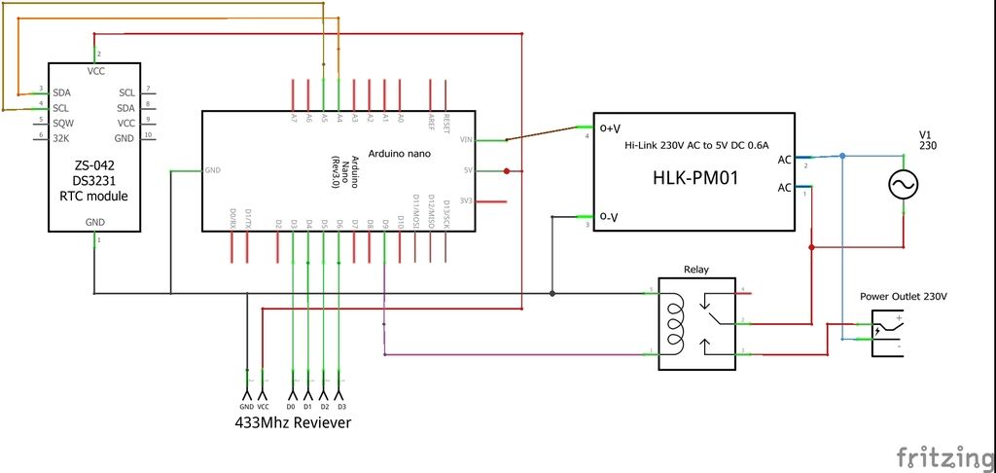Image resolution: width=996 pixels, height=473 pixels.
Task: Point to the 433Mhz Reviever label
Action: [293, 423]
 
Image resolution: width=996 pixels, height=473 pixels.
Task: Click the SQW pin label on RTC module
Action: [63, 124]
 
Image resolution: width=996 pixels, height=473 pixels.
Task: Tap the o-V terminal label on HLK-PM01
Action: [610, 215]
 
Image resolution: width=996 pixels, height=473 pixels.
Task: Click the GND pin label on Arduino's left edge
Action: [213, 170]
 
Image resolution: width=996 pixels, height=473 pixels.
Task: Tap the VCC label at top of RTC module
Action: [95, 71]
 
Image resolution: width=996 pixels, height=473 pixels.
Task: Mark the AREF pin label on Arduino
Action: [431, 121]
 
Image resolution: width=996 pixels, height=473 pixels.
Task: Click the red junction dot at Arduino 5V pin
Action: [508, 171]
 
